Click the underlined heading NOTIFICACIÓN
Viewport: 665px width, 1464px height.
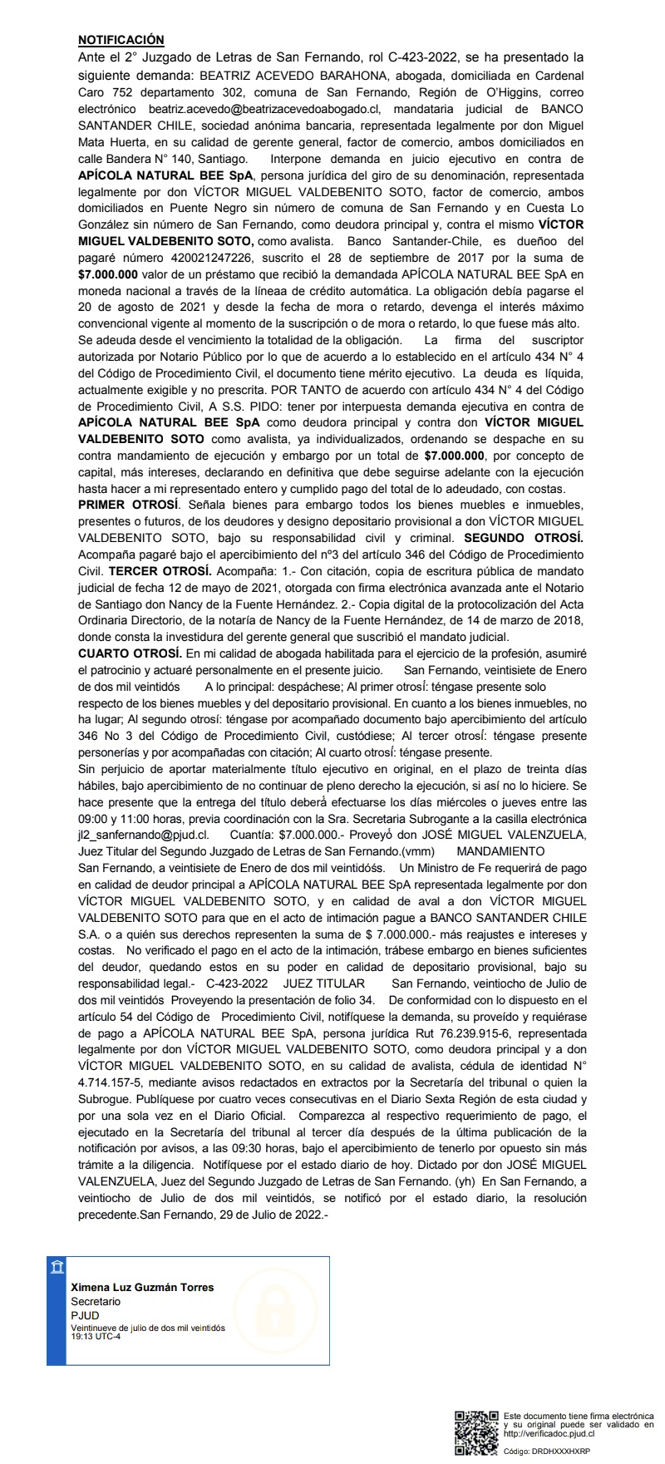(x=121, y=40)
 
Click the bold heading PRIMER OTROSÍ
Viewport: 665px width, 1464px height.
(x=127, y=505)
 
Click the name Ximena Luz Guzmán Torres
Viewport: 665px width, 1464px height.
(x=142, y=1287)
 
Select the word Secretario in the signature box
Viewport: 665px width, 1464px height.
(x=96, y=1301)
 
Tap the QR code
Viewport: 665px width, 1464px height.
(x=476, y=1432)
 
